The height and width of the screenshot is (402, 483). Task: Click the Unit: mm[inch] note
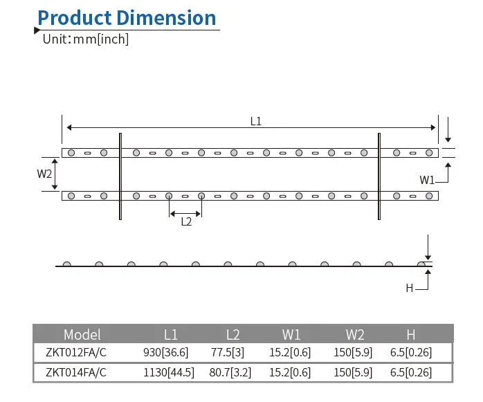(x=86, y=39)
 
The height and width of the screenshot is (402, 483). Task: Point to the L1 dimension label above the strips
(x=255, y=121)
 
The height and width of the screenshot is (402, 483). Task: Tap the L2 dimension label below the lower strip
(x=186, y=221)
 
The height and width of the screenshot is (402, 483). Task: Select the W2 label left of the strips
(x=44, y=174)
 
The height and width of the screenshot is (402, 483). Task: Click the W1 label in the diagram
(x=427, y=180)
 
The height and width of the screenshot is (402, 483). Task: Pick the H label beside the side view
(x=410, y=288)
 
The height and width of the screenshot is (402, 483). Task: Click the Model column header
(x=82, y=334)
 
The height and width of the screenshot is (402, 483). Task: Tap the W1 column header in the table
(x=291, y=334)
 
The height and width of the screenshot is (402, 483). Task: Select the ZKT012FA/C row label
(x=76, y=352)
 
